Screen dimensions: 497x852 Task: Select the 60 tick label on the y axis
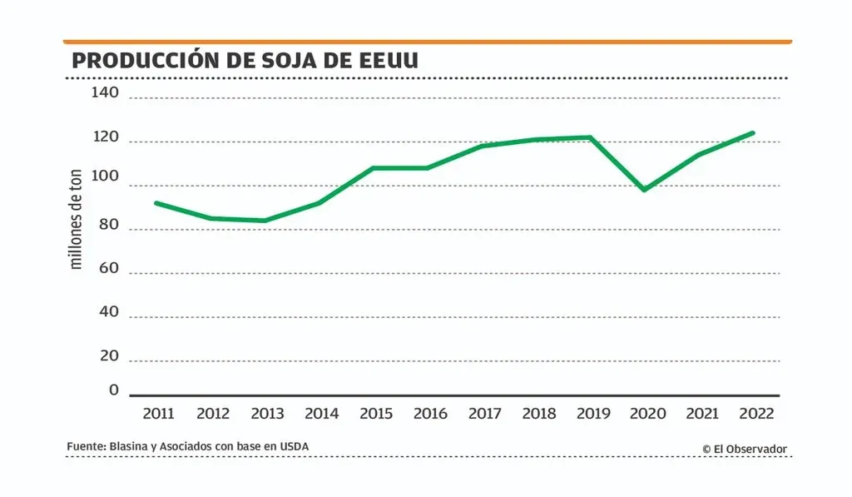tap(108, 268)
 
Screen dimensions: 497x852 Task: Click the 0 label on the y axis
tap(114, 390)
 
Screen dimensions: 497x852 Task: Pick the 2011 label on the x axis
tap(158, 414)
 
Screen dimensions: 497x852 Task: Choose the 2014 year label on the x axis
tap(321, 414)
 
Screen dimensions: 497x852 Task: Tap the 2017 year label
tap(484, 414)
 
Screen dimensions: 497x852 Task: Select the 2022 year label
tap(755, 414)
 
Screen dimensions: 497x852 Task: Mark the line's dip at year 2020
tap(643, 190)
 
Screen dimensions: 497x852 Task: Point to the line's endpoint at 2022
tap(753, 132)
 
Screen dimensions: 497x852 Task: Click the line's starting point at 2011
tap(156, 202)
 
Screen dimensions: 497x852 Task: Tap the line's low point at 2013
tap(265, 221)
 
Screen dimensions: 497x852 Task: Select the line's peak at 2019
tap(590, 137)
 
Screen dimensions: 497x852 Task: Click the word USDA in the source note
tap(294, 447)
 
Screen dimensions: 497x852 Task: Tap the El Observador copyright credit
tap(744, 449)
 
